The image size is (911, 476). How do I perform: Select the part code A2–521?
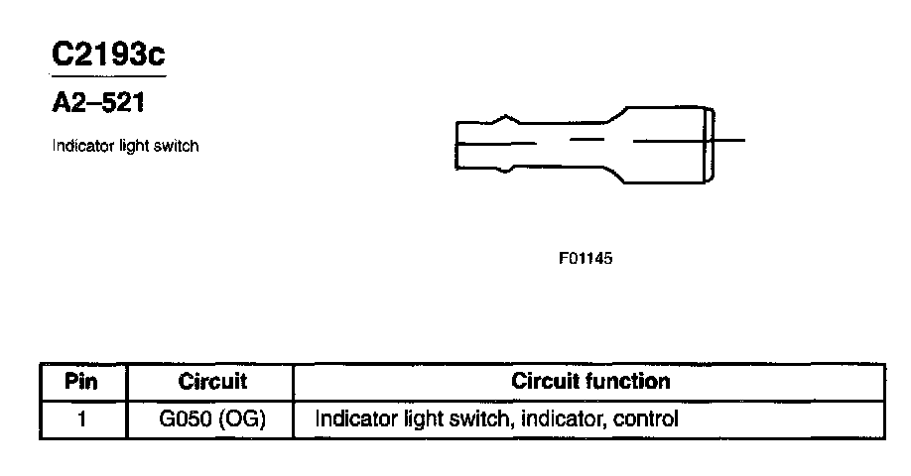tap(98, 102)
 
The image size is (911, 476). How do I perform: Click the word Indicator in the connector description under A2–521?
tap(79, 146)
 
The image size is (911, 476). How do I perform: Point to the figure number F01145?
tap(586, 259)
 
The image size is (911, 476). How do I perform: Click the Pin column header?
tap(83, 382)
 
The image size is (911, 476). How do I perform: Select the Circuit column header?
tap(212, 382)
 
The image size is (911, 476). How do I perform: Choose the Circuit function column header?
tap(590, 382)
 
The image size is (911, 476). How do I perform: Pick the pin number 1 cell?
tap(83, 418)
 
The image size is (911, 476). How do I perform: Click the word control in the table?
tap(646, 418)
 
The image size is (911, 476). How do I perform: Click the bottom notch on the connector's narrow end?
tap(508, 169)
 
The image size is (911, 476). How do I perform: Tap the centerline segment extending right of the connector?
tap(729, 141)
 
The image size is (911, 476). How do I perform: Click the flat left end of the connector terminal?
tap(457, 144)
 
